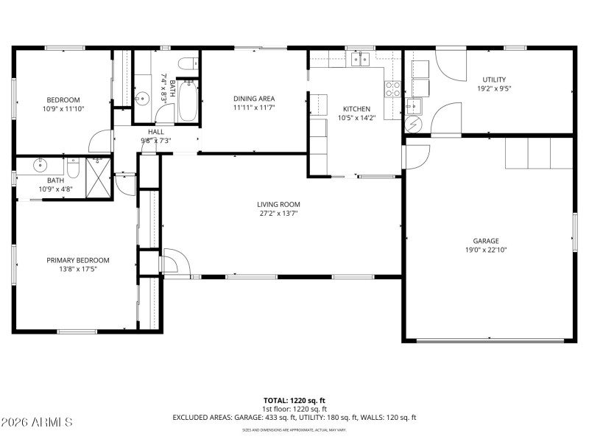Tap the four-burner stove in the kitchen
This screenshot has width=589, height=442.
tap(393, 89)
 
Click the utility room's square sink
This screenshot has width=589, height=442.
tap(415, 104)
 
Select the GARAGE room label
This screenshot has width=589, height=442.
tap(486, 241)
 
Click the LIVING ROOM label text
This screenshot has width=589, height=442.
tap(278, 204)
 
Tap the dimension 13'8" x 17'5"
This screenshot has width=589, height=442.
tap(78, 269)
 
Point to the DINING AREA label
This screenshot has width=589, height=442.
tap(254, 99)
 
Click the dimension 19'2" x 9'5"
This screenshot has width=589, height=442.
tap(494, 88)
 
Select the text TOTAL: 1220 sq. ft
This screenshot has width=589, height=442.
tap(294, 400)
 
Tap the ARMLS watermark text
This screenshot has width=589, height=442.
tap(37, 422)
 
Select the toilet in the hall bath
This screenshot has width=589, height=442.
tap(187, 62)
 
